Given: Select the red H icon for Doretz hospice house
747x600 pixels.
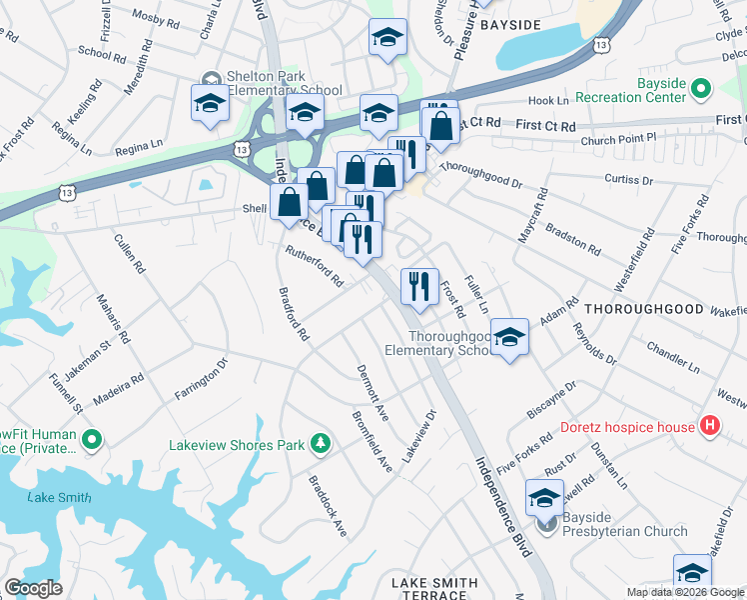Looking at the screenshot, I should (710, 427).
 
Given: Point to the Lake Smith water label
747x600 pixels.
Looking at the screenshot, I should (60, 497).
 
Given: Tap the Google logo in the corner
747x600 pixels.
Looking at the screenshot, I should (34, 587).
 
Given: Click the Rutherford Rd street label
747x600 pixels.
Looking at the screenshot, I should (314, 267).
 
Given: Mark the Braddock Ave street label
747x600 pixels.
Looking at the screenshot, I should (327, 512).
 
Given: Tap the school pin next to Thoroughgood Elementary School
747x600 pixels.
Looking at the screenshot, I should (509, 338).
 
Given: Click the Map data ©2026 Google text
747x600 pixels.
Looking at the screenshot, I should (685, 592).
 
